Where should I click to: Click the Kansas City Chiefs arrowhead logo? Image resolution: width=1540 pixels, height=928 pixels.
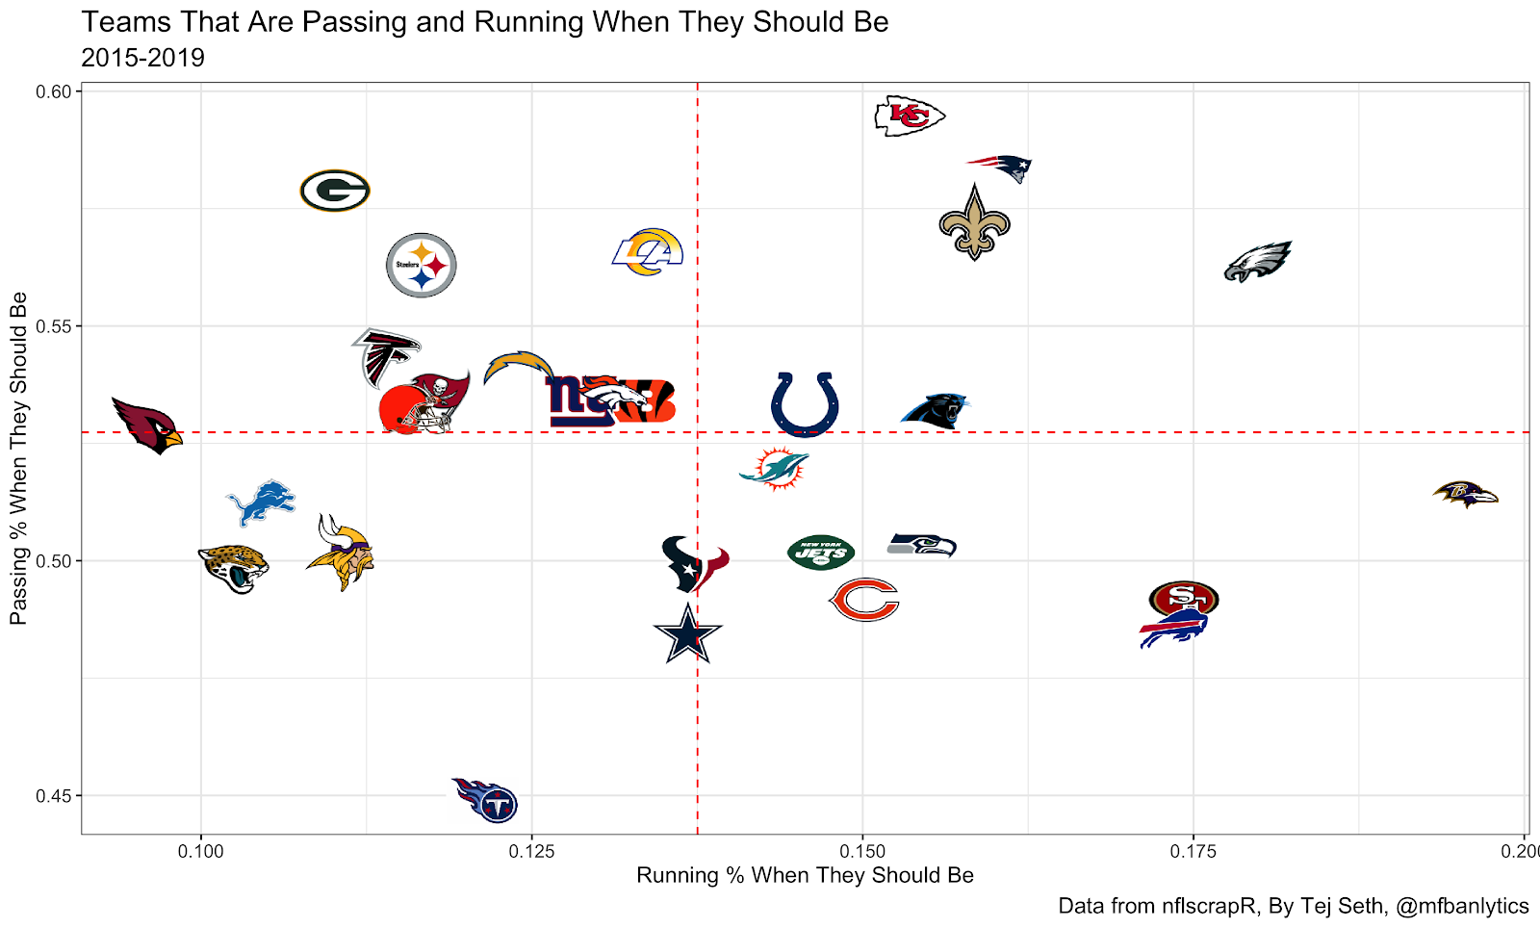pos(909,116)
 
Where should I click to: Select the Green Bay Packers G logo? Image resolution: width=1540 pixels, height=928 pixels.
pos(335,191)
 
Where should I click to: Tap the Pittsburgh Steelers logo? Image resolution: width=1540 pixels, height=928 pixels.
pos(421,265)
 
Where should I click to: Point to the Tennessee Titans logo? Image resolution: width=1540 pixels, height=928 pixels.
pos(487,800)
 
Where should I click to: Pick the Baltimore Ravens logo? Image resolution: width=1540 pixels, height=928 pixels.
pos(1466,494)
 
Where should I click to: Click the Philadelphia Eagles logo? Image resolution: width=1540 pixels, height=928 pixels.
pos(1257,261)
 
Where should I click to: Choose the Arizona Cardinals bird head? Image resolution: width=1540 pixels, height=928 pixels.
pos(146,425)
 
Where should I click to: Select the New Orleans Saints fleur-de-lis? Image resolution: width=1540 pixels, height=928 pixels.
pos(974,222)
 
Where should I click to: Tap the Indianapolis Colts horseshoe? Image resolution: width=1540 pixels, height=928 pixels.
pos(805,403)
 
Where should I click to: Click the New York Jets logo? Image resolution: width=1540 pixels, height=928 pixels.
pos(821,553)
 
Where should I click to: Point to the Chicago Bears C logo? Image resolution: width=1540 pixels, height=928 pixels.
pos(863,600)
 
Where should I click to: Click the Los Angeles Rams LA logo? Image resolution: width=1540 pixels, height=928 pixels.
pos(649,251)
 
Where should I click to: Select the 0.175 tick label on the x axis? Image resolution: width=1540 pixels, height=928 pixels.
pos(1193,851)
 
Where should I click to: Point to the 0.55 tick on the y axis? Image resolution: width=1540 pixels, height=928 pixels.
pos(53,326)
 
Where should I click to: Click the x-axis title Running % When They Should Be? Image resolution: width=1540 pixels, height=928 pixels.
pos(805,875)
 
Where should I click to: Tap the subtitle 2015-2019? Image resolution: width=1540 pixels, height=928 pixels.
pos(142,58)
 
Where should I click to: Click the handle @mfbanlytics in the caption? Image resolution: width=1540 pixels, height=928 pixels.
pos(1461,906)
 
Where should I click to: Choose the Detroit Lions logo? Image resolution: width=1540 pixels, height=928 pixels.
pos(261,503)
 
